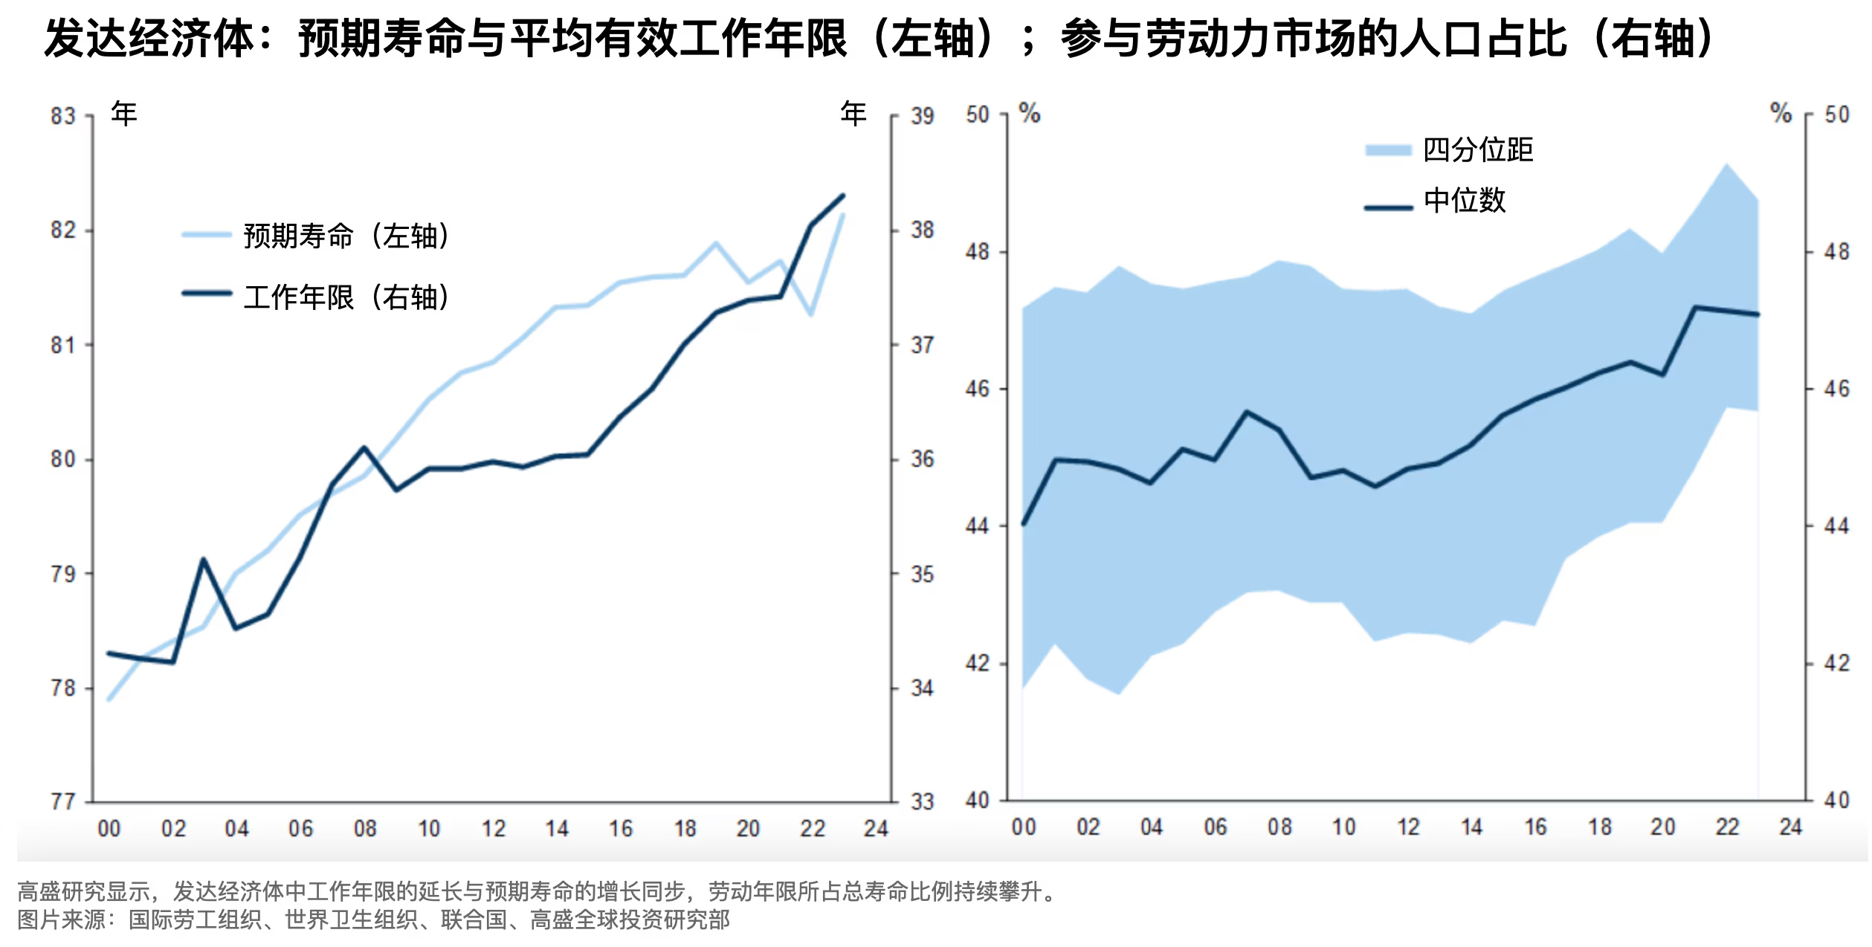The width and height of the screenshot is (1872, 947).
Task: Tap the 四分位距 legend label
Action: tap(1478, 150)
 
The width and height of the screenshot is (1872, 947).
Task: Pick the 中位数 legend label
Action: tap(1465, 201)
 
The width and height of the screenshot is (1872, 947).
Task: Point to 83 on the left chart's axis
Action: tap(63, 117)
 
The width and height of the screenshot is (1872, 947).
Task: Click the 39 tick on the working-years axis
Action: tap(922, 117)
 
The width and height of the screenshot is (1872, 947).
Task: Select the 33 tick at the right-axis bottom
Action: tap(922, 802)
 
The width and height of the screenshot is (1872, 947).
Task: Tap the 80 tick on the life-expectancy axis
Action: tap(63, 459)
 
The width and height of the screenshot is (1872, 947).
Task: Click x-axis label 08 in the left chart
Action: tap(365, 829)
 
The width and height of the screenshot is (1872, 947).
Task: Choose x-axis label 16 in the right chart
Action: tap(1535, 827)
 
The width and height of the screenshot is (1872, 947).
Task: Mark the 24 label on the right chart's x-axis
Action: tap(1790, 827)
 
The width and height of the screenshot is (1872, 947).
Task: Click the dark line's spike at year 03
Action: tap(203, 559)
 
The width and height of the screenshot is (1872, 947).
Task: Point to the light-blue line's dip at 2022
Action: tap(811, 314)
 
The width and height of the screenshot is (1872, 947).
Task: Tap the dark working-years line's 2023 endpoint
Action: tap(843, 195)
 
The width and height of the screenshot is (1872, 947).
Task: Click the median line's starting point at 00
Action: tap(1024, 524)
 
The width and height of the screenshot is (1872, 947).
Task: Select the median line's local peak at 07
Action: tap(1247, 411)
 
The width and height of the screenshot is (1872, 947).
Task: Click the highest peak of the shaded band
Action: tap(1726, 164)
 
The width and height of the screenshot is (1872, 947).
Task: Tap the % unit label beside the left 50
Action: tap(1030, 114)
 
